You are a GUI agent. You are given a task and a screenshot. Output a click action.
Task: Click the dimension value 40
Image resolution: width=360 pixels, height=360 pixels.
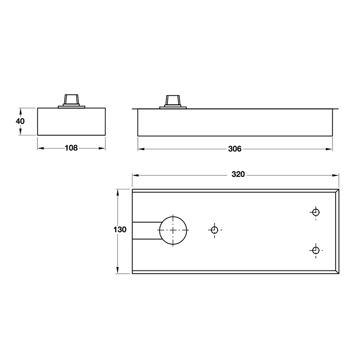20,121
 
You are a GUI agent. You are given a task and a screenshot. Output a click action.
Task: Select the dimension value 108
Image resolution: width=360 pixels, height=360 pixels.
71,148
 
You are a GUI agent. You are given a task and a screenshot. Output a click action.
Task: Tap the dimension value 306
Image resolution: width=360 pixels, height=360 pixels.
234,149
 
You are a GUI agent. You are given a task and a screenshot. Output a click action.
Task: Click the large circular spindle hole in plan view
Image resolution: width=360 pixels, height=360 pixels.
173,230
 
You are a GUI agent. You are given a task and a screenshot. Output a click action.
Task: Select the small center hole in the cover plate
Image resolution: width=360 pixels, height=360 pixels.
214,230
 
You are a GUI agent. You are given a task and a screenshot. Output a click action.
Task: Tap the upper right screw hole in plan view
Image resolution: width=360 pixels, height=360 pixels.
316,212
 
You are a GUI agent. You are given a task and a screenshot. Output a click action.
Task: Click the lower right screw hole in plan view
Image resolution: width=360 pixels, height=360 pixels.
316,250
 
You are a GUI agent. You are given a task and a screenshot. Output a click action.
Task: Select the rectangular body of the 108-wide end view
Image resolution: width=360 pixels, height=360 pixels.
71,121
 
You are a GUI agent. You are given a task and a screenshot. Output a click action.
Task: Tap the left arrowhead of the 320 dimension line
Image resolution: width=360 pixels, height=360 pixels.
134,175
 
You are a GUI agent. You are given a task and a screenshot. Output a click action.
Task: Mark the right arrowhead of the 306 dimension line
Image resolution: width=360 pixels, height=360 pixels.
330,149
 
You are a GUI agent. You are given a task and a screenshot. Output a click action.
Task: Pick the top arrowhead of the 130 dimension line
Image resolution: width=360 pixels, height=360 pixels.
118,191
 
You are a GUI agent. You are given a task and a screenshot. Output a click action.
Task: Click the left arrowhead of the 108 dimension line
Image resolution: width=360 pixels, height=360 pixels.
40,148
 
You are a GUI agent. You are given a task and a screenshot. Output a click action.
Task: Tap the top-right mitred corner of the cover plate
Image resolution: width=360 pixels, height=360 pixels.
336,191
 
